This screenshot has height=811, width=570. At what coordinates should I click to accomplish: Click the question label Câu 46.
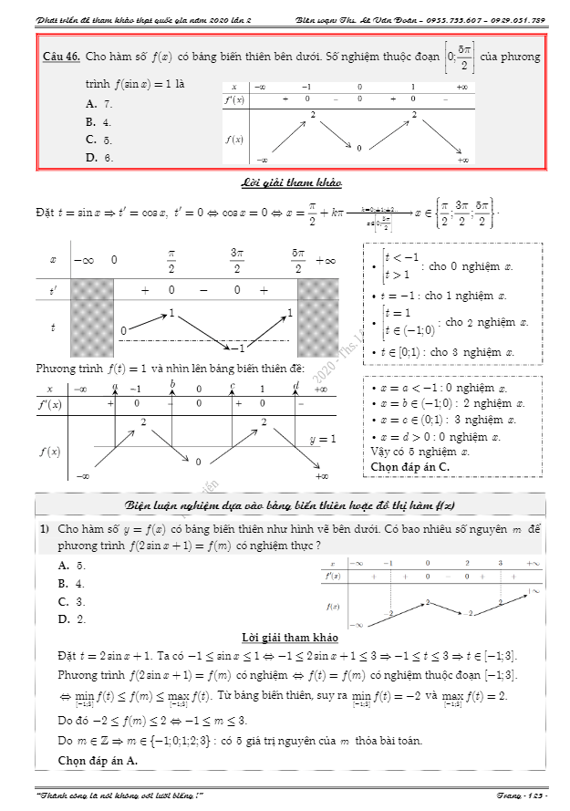(62, 57)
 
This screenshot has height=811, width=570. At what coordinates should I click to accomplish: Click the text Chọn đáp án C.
(410, 467)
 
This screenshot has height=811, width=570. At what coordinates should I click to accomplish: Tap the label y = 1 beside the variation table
(322, 439)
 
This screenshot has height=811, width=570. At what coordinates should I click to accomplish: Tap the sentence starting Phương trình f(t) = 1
(182, 369)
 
